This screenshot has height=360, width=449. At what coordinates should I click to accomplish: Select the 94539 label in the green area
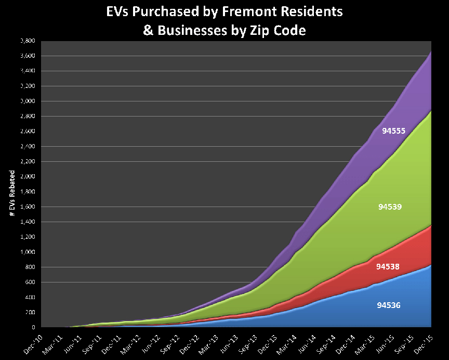point(389,207)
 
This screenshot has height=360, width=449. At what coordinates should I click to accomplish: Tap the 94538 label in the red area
point(387,267)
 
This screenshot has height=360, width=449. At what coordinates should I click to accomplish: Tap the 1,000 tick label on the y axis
point(27,252)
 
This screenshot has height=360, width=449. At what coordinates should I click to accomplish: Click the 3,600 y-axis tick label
point(27,56)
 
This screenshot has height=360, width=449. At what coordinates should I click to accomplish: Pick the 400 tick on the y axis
point(29,298)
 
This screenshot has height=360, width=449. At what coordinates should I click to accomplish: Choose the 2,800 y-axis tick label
point(27,116)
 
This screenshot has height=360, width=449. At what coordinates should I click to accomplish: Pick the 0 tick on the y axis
point(32,328)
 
